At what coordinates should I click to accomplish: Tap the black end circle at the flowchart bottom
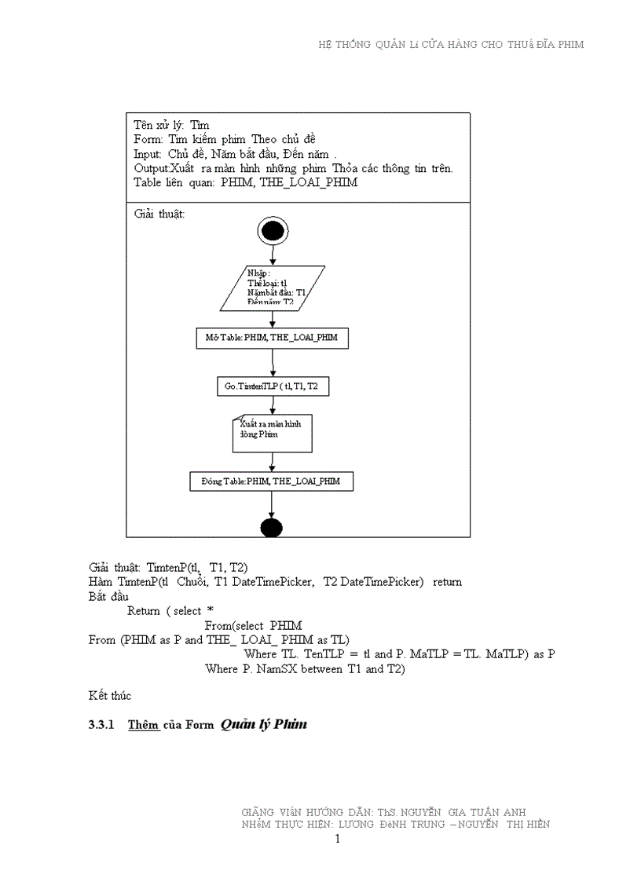pos(271,527)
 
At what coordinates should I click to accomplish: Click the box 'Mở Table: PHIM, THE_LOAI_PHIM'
pos(272,338)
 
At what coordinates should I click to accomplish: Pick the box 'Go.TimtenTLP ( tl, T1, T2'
pos(272,386)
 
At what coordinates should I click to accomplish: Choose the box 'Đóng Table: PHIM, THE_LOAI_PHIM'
pos(272,481)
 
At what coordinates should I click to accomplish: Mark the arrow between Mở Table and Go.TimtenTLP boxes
pos(272,362)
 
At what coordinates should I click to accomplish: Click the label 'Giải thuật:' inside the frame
pos(159,214)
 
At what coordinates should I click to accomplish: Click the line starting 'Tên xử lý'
pos(171,125)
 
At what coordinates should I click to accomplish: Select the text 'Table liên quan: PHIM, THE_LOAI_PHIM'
pos(245,182)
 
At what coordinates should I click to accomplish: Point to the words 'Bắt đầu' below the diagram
pos(108,596)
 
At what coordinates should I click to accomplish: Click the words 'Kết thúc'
pos(110,696)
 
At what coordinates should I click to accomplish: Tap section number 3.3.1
pos(102,725)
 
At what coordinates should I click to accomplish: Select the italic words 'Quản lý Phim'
pos(263,724)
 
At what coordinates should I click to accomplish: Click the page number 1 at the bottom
pos(337,839)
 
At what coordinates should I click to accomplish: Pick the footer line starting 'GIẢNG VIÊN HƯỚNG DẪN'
pos(384,811)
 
